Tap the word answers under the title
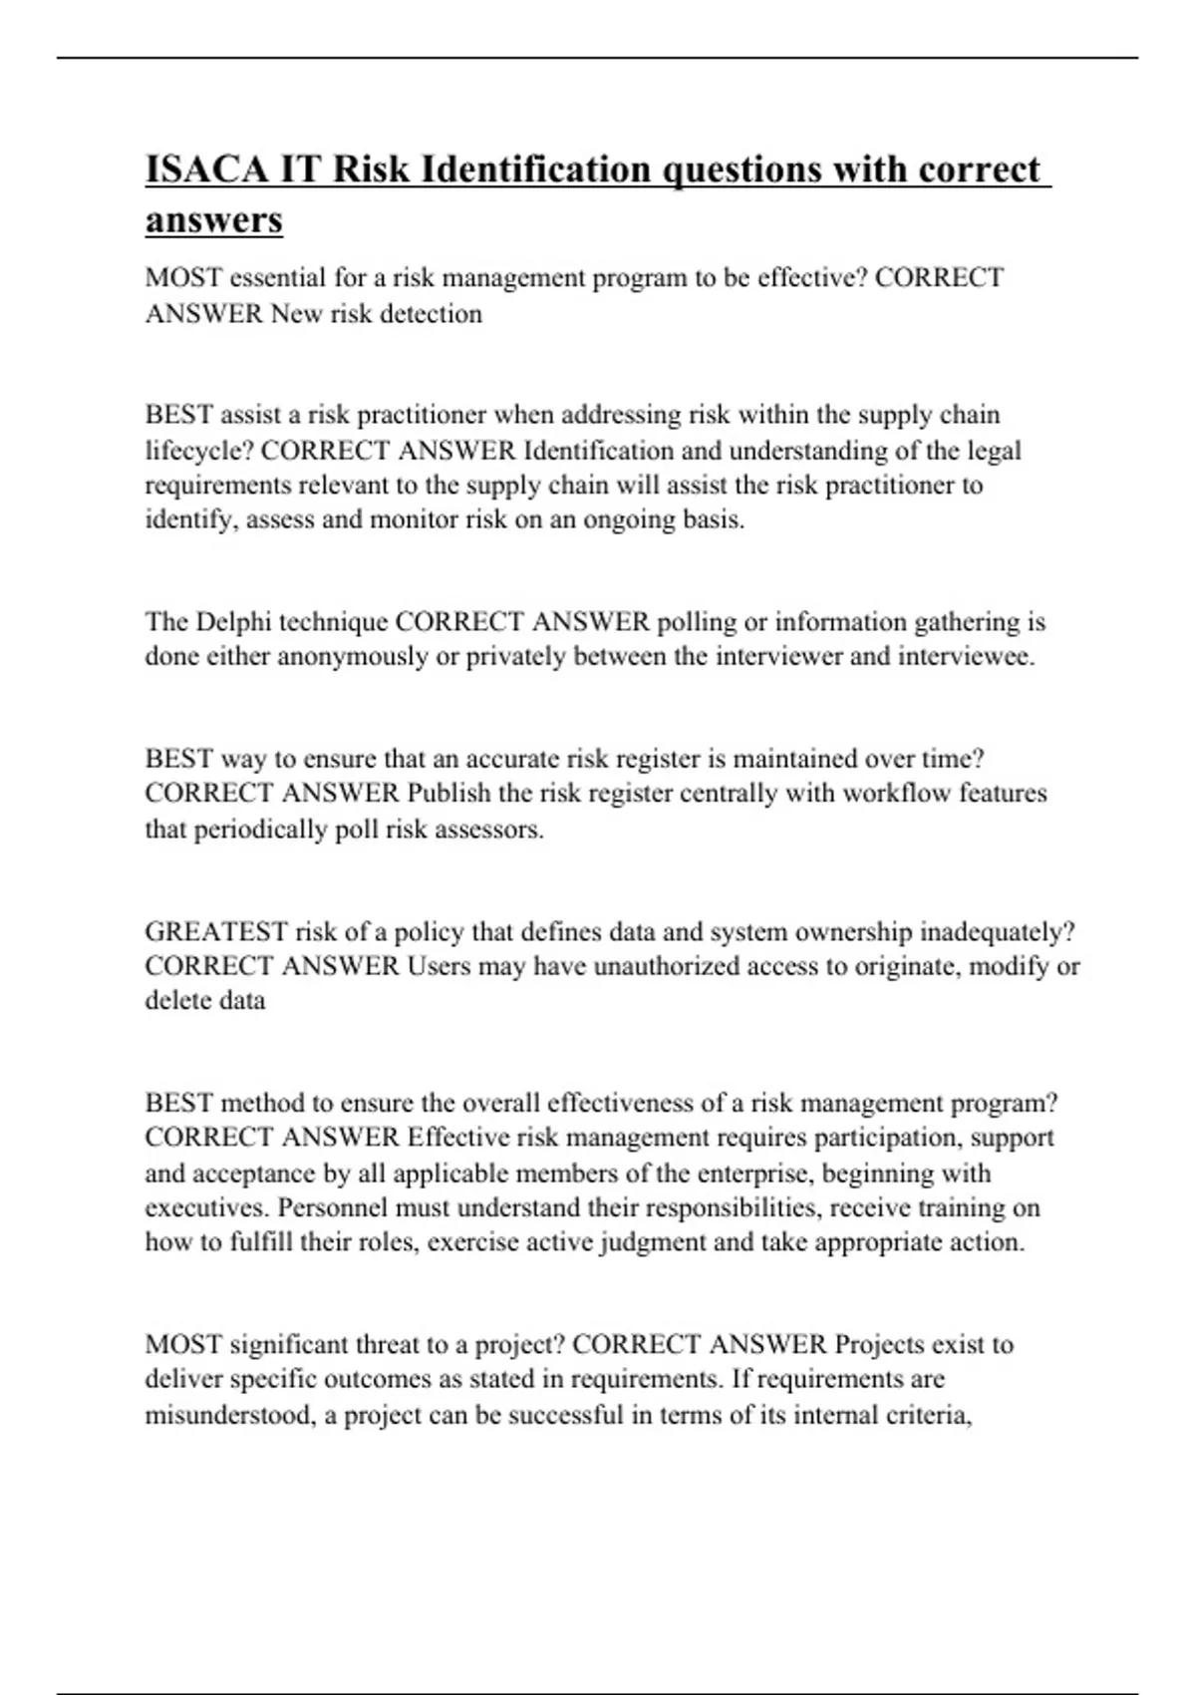coord(213,220)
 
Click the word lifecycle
coord(197,451)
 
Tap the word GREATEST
coord(215,932)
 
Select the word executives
coord(207,1208)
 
